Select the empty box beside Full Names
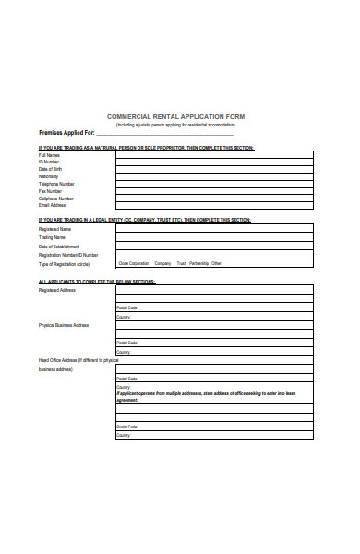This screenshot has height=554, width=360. pos(214,154)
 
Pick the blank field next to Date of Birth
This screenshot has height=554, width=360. pos(214,169)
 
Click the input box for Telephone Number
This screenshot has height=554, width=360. pos(214,184)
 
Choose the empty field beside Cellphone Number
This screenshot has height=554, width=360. pos(214,199)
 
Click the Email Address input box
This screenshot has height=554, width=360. pos(214,206)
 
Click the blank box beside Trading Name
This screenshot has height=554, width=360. pos(214,237)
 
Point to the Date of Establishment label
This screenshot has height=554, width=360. pos(59,247)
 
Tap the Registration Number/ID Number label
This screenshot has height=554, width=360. pos(69,255)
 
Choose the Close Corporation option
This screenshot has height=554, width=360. pos(133,263)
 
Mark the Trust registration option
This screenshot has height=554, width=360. pos(181,263)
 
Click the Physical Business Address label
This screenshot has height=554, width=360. pos(64,325)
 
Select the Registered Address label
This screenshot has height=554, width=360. pos(56,290)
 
